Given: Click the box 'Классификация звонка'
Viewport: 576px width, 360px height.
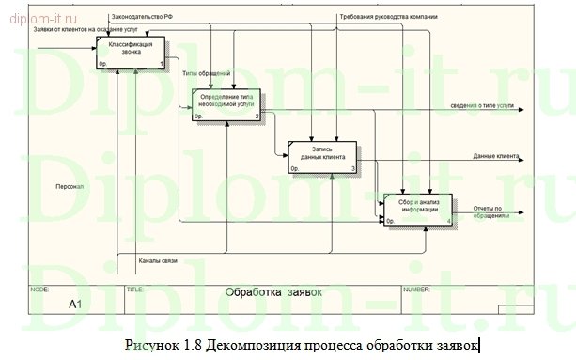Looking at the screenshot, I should tap(131, 52).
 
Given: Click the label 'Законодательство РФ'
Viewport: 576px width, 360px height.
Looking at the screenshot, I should tap(140, 16).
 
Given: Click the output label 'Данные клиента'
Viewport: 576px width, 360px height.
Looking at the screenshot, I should tap(496, 156).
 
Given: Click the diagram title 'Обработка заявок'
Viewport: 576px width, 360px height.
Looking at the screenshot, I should tap(273, 292).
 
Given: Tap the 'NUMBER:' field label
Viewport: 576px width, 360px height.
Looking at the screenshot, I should tap(417, 290).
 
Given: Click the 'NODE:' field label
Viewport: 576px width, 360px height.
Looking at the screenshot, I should tap(40, 290).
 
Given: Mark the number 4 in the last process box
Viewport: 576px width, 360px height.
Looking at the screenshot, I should tap(449, 221).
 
